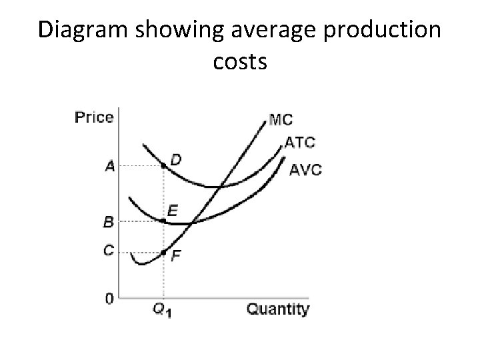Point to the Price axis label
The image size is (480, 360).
click(x=93, y=117)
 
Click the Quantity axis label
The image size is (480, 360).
click(x=278, y=309)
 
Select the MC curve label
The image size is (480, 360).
click(x=281, y=121)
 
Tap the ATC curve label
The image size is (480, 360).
click(x=300, y=142)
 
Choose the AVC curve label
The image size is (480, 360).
click(x=306, y=169)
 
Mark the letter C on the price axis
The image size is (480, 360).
click(x=108, y=250)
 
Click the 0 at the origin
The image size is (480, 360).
click(x=109, y=299)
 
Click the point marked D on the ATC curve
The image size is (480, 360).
click(x=164, y=165)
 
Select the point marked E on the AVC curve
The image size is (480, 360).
click(x=164, y=220)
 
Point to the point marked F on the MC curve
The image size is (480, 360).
click(x=164, y=253)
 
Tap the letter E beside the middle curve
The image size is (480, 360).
click(x=173, y=211)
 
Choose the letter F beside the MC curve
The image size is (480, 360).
click(x=176, y=255)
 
